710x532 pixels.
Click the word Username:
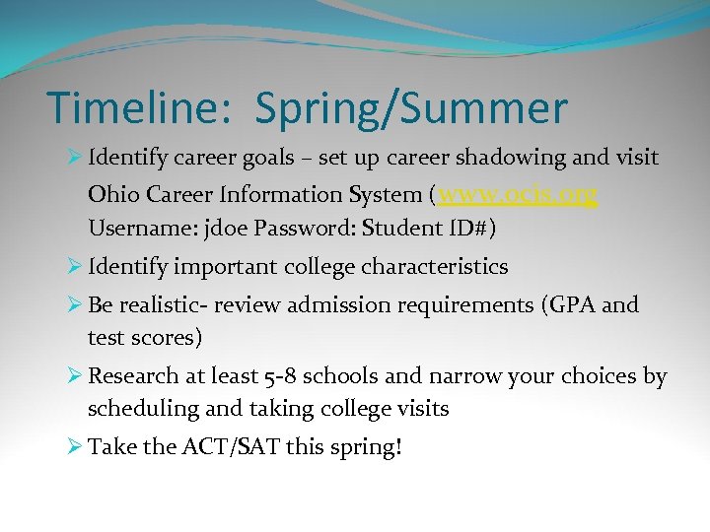(138, 229)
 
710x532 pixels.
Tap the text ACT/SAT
(232, 447)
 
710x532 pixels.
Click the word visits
(420, 409)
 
